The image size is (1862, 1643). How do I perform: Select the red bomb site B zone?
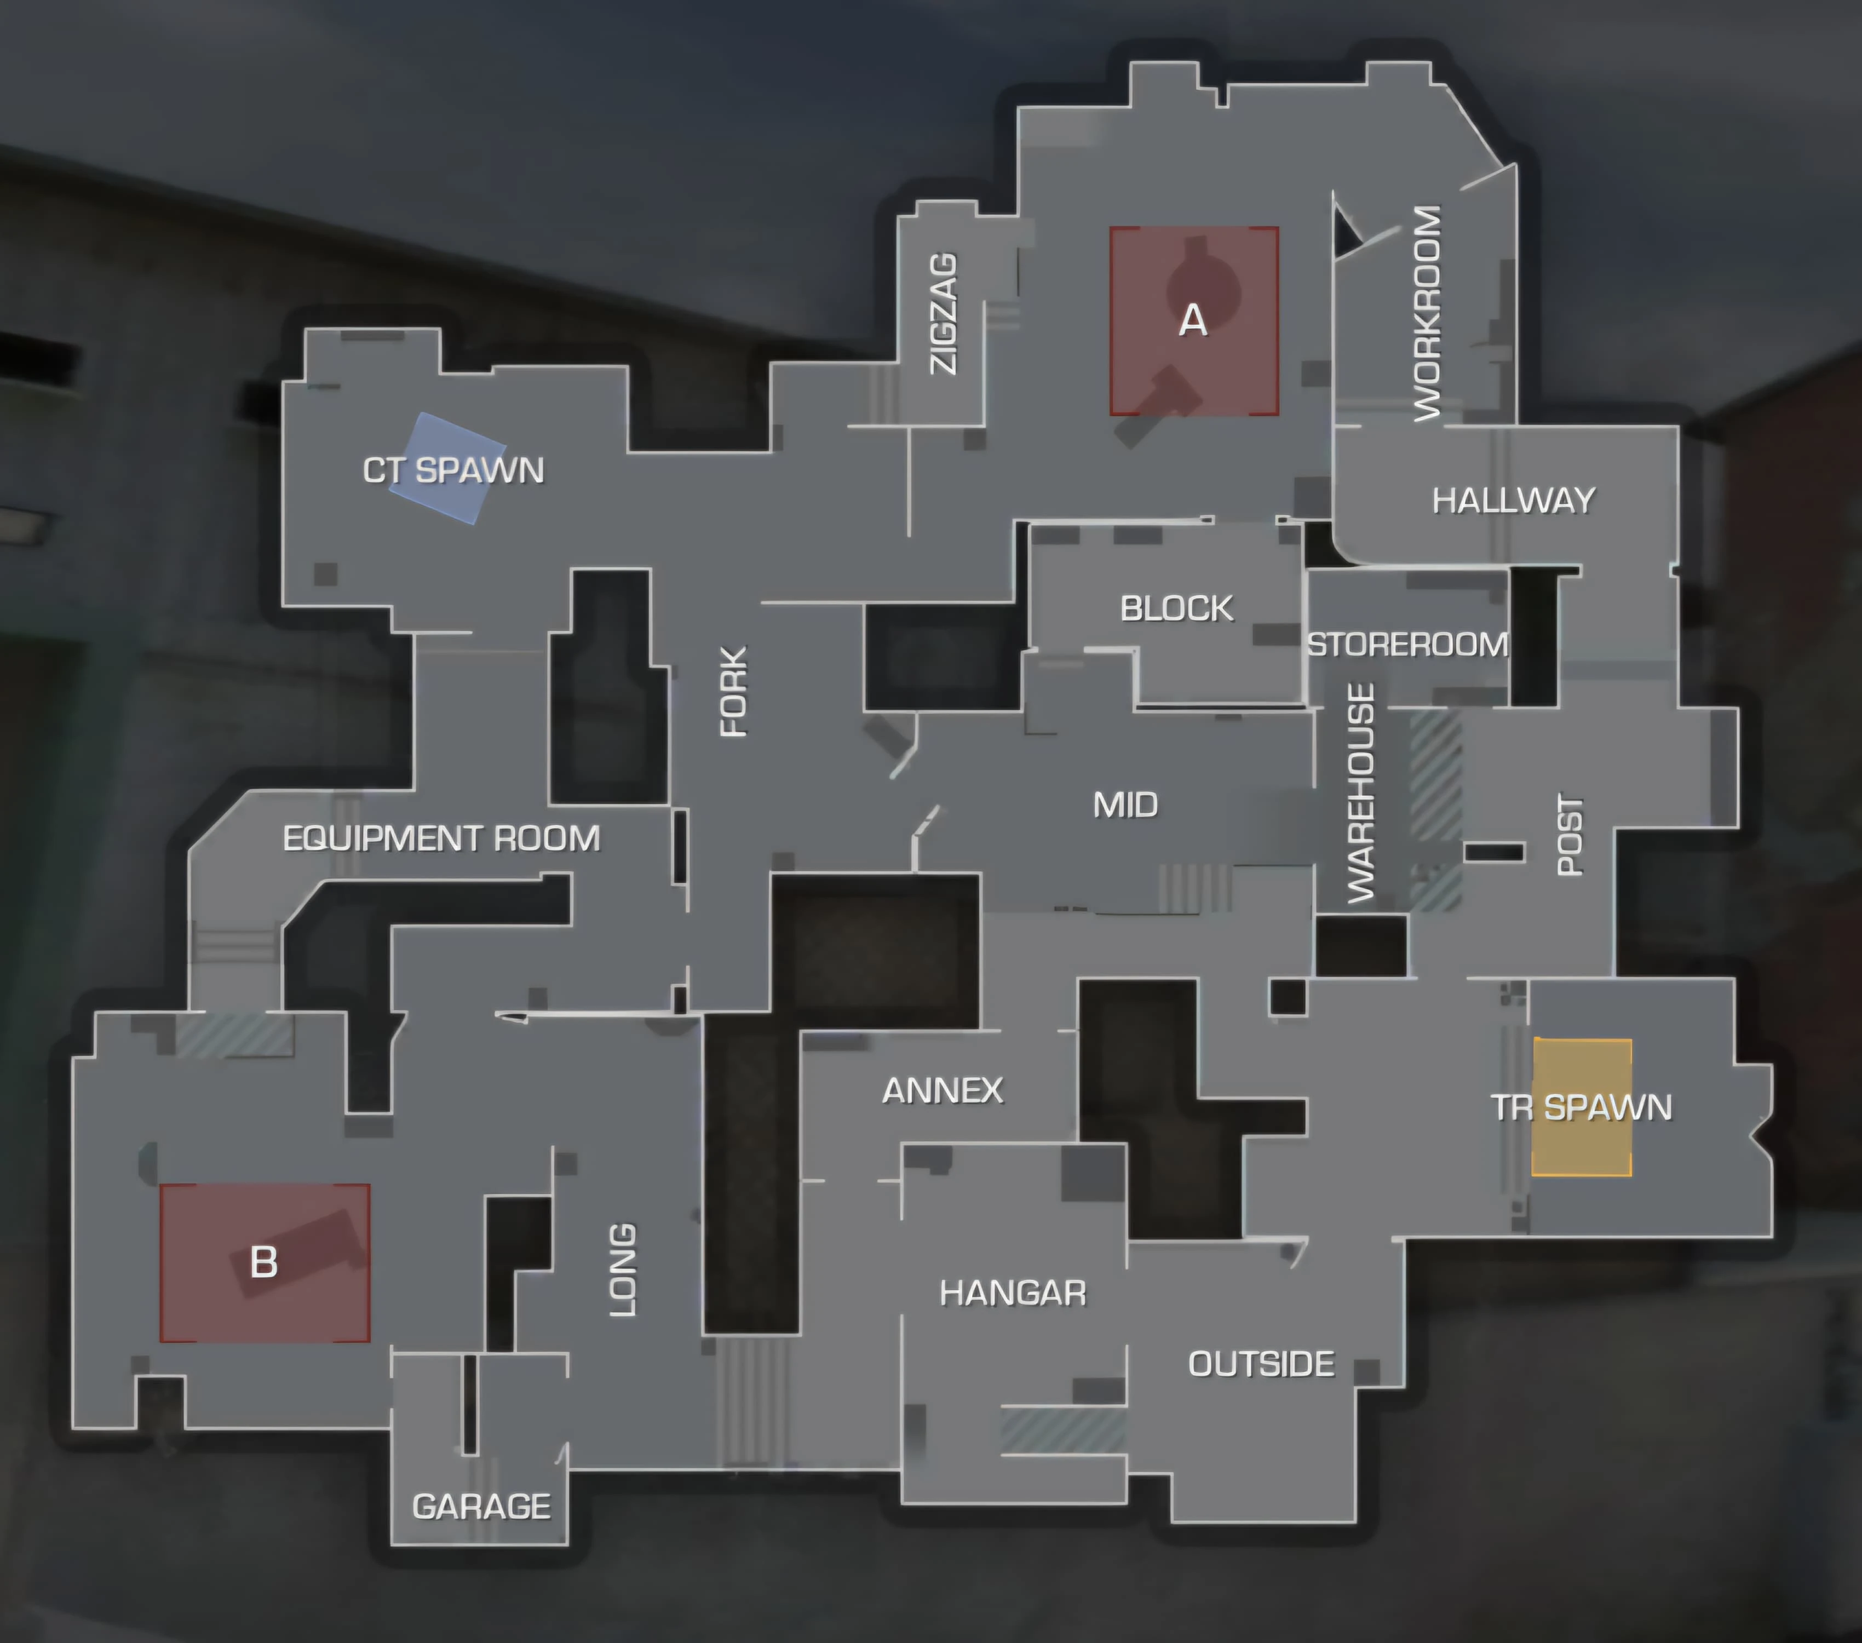(x=264, y=1262)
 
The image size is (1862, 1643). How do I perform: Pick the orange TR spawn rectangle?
(x=1582, y=1107)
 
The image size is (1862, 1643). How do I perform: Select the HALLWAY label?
(x=1513, y=500)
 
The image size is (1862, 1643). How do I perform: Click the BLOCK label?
(x=1176, y=608)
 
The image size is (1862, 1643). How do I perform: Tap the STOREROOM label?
(x=1407, y=645)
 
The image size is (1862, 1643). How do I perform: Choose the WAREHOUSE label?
(x=1361, y=792)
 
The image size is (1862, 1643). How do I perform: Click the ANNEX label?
(x=943, y=1090)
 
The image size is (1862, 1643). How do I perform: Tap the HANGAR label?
(x=1013, y=1292)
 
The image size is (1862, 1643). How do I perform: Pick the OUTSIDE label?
(x=1261, y=1363)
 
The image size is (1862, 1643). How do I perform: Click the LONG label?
(x=622, y=1269)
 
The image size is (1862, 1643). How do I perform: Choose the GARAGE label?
(x=481, y=1507)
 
